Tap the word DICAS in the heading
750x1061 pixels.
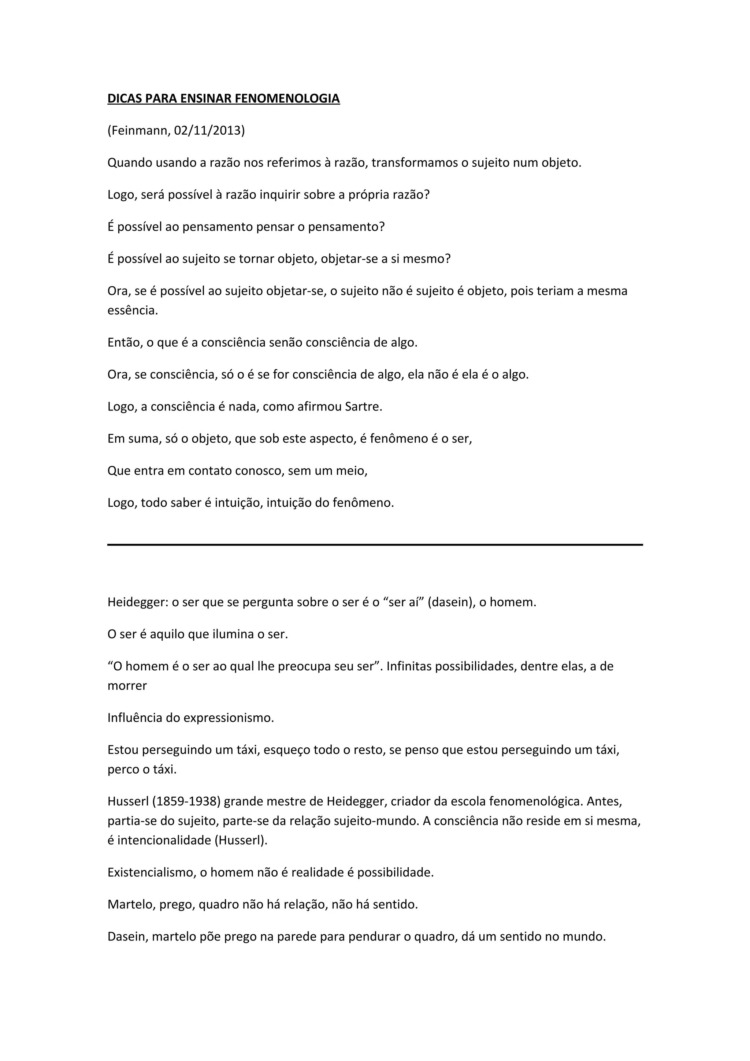click(x=125, y=98)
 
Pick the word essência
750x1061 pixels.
click(x=132, y=310)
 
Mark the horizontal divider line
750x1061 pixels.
click(x=375, y=545)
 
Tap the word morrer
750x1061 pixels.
click(x=127, y=685)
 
